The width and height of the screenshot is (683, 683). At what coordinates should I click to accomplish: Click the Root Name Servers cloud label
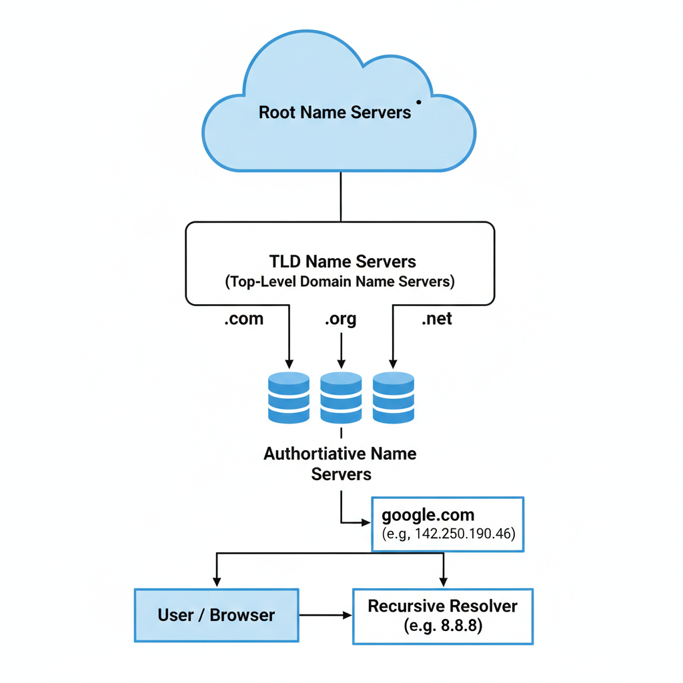(x=335, y=111)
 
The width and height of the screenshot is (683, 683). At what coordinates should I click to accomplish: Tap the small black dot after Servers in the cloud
(x=418, y=102)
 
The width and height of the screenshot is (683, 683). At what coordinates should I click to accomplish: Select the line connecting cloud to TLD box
(x=341, y=197)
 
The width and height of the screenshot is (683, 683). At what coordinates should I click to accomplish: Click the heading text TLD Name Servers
(x=342, y=261)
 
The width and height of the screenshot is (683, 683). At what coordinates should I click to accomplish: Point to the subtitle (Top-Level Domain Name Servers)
(x=340, y=281)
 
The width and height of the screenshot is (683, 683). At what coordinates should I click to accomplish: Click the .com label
(x=243, y=319)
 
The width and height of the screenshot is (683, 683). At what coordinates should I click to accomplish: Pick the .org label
(x=341, y=319)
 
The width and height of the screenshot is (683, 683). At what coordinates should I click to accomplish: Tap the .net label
(x=437, y=319)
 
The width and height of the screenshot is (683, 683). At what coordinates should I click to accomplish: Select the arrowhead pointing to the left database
(x=289, y=364)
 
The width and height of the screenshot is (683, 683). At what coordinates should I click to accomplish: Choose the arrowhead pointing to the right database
(x=393, y=364)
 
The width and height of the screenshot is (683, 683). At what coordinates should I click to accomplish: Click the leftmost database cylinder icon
(x=288, y=398)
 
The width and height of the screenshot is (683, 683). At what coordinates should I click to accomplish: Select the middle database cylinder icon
(x=341, y=398)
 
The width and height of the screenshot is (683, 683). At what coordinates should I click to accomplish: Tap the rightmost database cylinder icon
(x=394, y=398)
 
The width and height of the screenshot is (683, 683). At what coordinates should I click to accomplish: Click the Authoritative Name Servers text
(x=340, y=464)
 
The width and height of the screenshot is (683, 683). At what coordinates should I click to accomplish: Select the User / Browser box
(x=216, y=615)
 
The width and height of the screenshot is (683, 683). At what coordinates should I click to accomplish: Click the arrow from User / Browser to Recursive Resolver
(x=325, y=615)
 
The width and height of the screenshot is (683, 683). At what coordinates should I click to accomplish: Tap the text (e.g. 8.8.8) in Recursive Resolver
(x=443, y=626)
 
